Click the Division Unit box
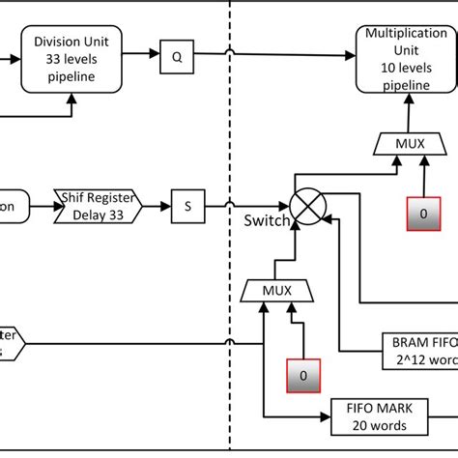pyautogui.click(x=76, y=58)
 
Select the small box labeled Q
pyautogui.click(x=177, y=56)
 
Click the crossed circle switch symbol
pyautogui.click(x=309, y=206)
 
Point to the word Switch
pyautogui.click(x=266, y=221)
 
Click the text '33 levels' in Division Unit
pyautogui.click(x=76, y=58)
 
